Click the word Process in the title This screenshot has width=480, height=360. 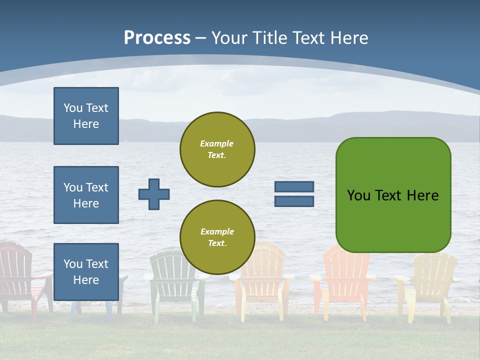pyautogui.click(x=157, y=38)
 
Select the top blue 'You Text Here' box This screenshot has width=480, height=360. pyautogui.click(x=86, y=116)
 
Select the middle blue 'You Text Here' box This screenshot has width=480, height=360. pyautogui.click(x=86, y=195)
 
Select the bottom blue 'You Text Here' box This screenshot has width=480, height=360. pyautogui.click(x=86, y=271)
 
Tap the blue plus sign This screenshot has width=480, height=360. pyautogui.click(x=154, y=194)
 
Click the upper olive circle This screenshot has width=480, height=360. pyautogui.click(x=217, y=149)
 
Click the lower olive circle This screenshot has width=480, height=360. pyautogui.click(x=217, y=237)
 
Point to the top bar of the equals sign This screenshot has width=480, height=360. pyautogui.click(x=294, y=187)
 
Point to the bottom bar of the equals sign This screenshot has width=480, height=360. pyautogui.click(x=294, y=201)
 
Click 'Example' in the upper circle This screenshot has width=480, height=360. pyautogui.click(x=217, y=143)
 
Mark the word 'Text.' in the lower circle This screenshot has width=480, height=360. pyautogui.click(x=217, y=243)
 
